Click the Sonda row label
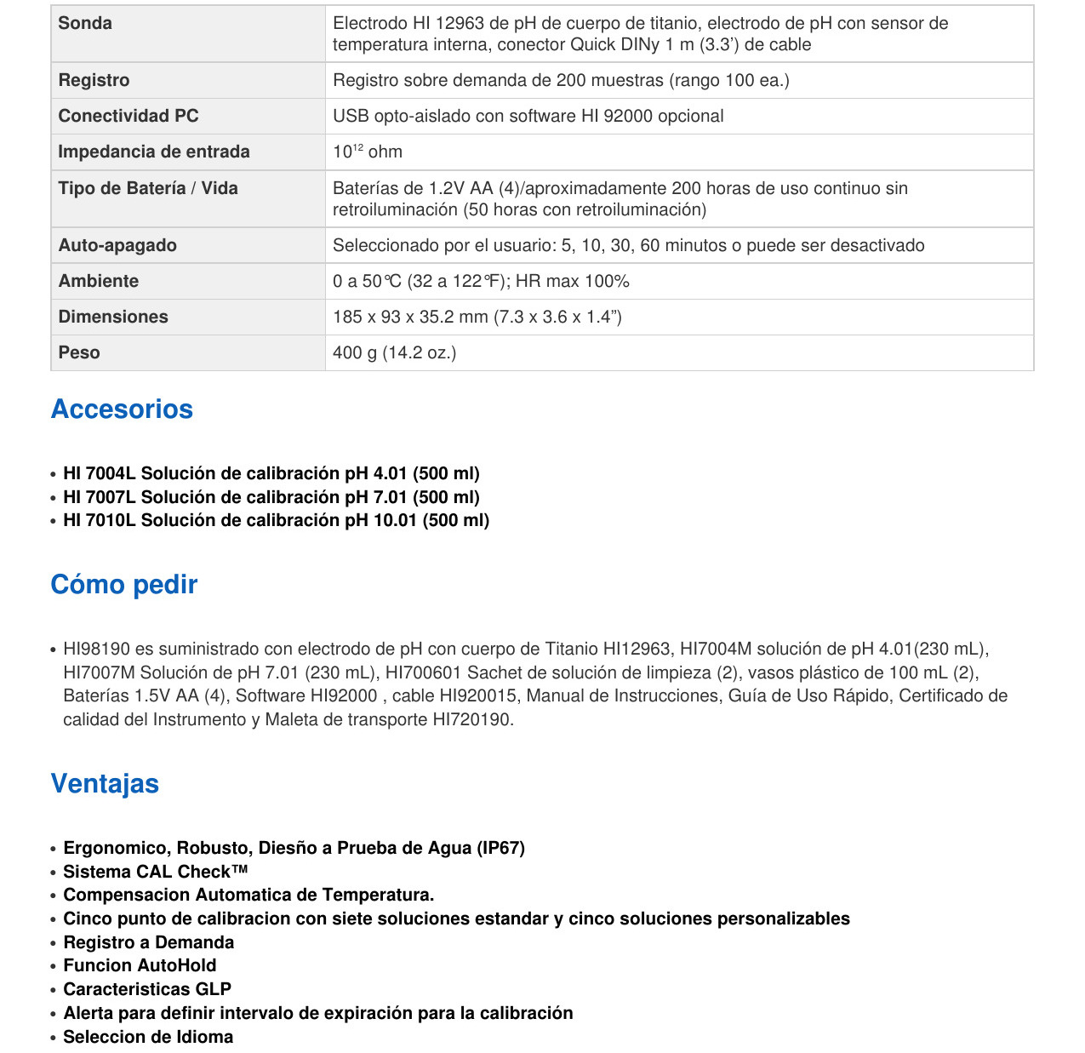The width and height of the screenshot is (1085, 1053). pos(85,23)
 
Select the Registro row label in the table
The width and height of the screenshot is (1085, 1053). pos(94,80)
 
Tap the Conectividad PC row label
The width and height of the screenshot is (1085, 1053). pos(128,116)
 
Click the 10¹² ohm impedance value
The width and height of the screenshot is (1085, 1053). pos(368,152)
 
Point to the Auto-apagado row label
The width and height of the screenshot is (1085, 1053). pos(117,245)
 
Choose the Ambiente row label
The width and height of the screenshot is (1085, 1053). pos(98,281)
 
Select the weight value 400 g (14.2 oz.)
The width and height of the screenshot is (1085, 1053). pos(394,352)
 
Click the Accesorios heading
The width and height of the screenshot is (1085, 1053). pos(122,409)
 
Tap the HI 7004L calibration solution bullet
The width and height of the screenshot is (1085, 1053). pos(271,473)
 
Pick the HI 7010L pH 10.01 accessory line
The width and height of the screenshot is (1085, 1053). pos(276,520)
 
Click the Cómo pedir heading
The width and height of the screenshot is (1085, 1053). pos(123,584)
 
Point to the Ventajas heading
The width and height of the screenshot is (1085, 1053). pos(105,783)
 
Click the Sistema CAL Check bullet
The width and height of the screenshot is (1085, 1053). pos(155,872)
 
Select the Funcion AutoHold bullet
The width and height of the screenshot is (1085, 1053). pos(140,965)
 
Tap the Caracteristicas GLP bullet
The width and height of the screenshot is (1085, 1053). pos(147,989)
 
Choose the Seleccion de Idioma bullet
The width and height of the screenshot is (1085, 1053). pos(148,1037)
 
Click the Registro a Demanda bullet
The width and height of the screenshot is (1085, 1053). pos(148,942)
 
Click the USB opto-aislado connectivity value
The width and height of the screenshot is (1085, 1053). pos(528,116)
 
